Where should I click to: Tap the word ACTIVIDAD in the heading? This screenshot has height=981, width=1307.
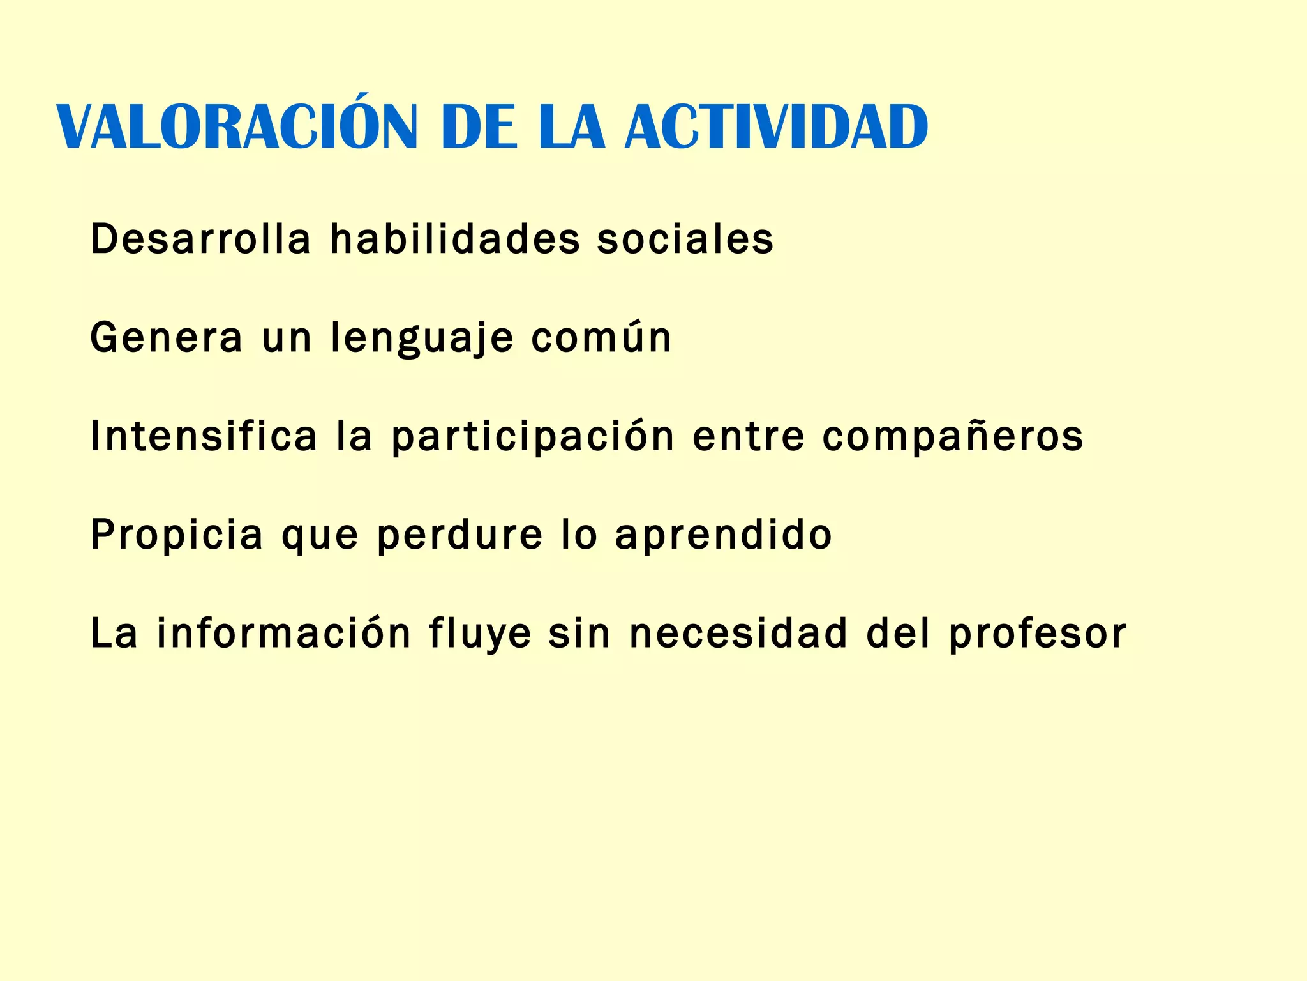coord(776,127)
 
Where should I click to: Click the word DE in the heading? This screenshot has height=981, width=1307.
coord(479,127)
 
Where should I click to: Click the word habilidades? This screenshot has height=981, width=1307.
coord(455,239)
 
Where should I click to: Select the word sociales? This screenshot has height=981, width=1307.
coord(685,239)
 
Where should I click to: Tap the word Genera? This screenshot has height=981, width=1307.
coord(167,337)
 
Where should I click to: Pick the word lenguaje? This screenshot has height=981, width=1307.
coord(422,338)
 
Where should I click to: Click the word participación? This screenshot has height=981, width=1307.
coord(533,437)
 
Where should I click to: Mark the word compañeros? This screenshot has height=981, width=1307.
coord(953,437)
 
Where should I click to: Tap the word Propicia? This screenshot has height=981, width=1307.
coord(177,535)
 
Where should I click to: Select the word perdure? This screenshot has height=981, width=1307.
coord(459,535)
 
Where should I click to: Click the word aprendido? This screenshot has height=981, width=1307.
coord(724,535)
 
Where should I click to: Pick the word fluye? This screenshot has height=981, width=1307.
coord(480,634)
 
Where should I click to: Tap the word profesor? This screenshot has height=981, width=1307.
coord(1038,634)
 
